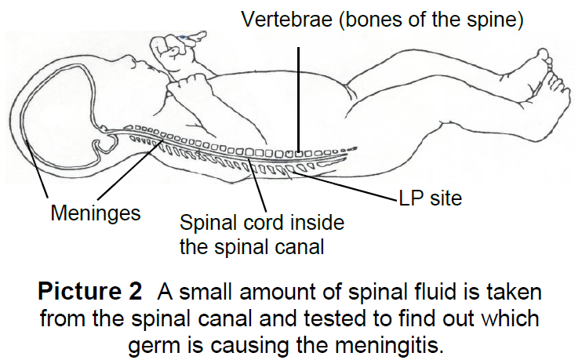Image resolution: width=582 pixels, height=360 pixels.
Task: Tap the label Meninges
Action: [x=96, y=213]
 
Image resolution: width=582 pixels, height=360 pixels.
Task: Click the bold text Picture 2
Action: [x=91, y=293]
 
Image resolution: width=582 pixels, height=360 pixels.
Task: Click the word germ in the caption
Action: [x=154, y=345]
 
